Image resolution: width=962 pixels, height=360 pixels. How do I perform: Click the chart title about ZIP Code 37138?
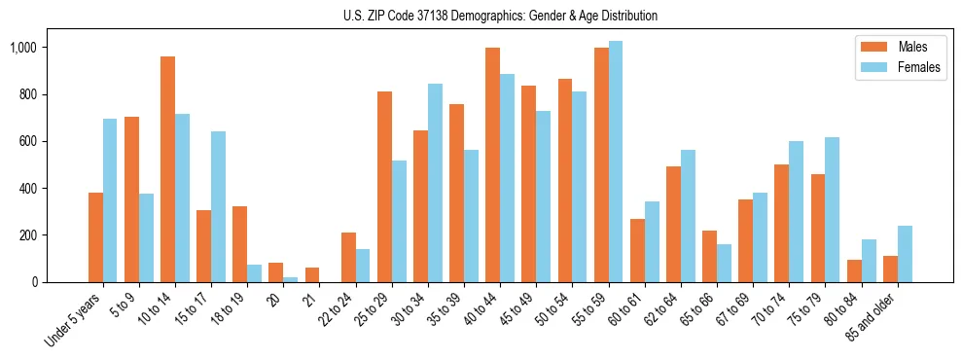click(x=500, y=16)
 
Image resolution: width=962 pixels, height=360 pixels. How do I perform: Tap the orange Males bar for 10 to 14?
click(x=167, y=169)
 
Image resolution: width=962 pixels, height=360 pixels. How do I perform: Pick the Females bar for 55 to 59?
click(x=616, y=162)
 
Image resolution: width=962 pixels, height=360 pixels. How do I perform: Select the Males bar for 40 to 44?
click(x=493, y=164)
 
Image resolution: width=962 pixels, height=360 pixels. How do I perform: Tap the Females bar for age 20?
click(x=291, y=279)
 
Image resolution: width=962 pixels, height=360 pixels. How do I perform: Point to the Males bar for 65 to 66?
click(x=710, y=256)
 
